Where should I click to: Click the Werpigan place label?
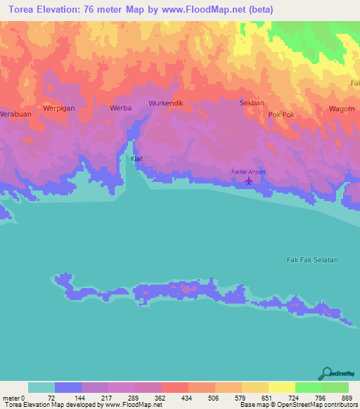click(x=59, y=108)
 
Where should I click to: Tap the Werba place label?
click(x=121, y=108)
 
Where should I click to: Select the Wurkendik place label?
click(x=166, y=103)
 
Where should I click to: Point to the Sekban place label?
click(x=252, y=103)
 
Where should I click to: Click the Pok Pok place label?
click(x=280, y=113)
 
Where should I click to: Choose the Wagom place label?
click(x=342, y=109)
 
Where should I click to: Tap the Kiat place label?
click(x=137, y=159)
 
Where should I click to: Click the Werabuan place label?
click(x=16, y=113)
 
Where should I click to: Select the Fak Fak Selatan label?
click(x=312, y=260)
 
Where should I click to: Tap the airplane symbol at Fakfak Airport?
click(x=248, y=181)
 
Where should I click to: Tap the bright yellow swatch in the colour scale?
click(x=282, y=387)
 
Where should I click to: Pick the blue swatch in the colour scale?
click(x=68, y=387)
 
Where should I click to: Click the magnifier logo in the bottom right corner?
click(x=327, y=373)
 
